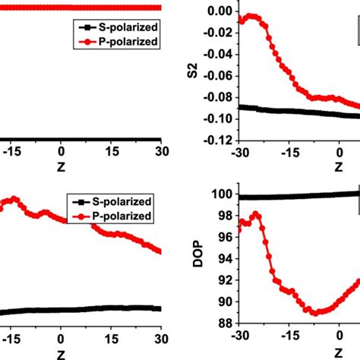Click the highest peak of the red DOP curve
tap(256, 214)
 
